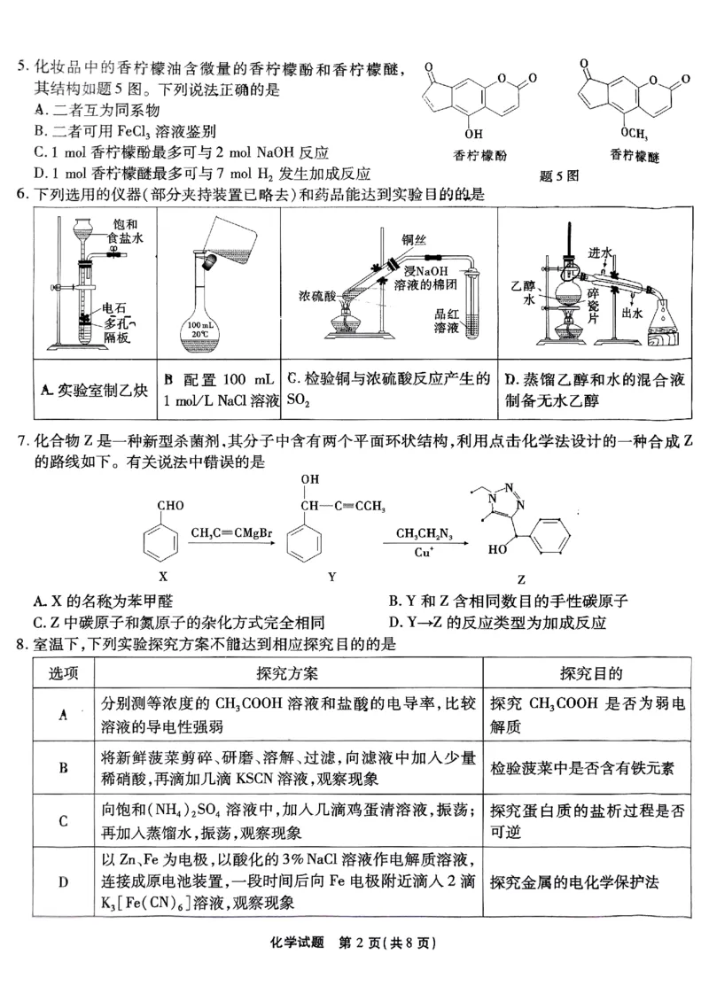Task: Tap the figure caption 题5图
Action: click(558, 175)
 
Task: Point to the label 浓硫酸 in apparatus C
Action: click(316, 294)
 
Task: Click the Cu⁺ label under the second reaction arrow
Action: click(423, 551)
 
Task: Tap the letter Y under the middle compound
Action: click(331, 577)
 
